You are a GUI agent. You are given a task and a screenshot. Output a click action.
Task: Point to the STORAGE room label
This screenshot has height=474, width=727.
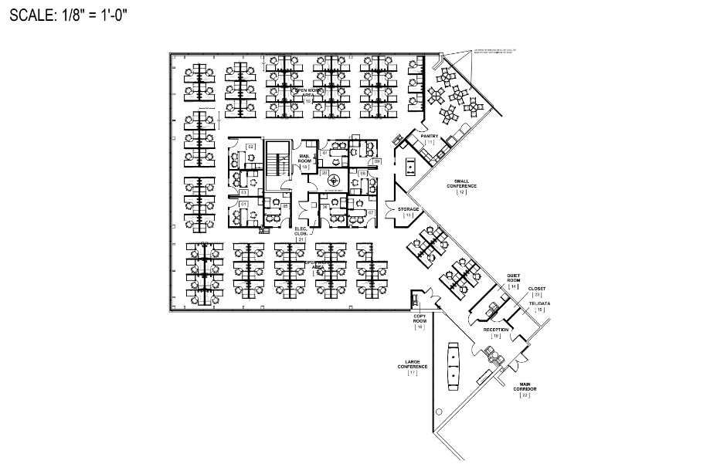tap(409, 211)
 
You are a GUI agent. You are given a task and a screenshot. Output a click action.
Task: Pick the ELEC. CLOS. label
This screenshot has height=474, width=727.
tap(301, 233)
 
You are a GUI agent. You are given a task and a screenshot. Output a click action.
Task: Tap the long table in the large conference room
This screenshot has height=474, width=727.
tap(454, 364)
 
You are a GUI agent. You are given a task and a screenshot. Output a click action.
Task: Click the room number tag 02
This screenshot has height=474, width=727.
tap(250, 146)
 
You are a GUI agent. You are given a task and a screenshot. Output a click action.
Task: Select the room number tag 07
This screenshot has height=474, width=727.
tap(371, 212)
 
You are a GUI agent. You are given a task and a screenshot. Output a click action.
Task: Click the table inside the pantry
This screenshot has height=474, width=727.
tap(409, 164)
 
